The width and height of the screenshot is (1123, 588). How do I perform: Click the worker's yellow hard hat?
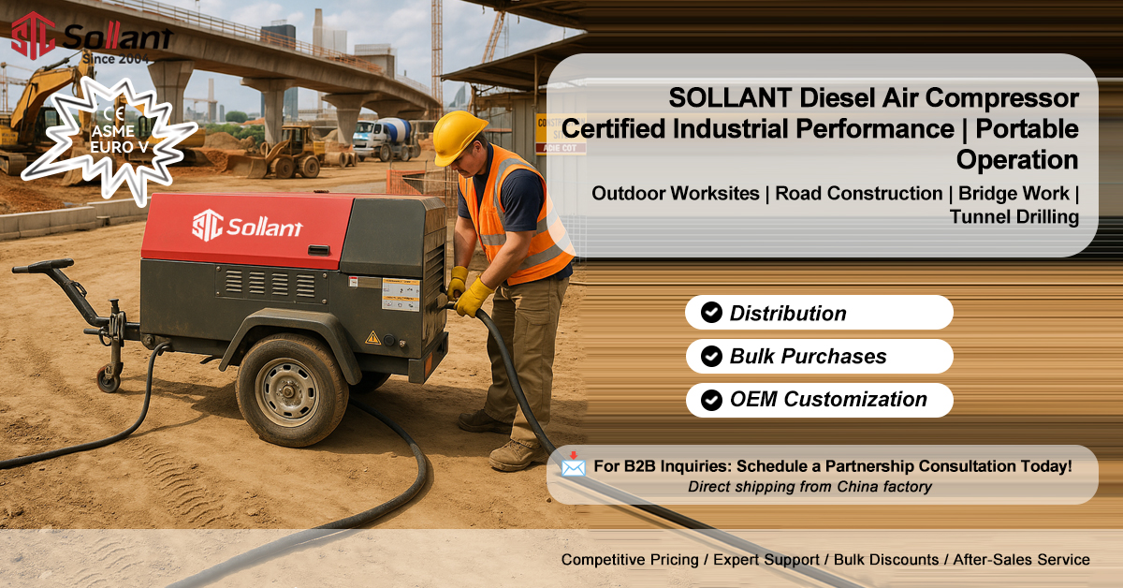tap(459, 137)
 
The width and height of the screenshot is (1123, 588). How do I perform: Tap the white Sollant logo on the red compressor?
tap(247, 227)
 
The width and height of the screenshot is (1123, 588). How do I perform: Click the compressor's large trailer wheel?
tap(292, 390)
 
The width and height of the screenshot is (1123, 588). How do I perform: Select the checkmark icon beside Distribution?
tap(711, 312)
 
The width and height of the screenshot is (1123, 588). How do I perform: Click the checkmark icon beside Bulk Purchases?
tap(711, 356)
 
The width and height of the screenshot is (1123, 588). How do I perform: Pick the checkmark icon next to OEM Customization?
tap(711, 400)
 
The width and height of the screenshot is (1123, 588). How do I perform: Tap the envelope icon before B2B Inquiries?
tap(573, 464)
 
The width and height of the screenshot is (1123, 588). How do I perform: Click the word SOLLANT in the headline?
tap(730, 97)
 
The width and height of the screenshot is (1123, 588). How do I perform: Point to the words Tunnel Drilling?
tap(1014, 216)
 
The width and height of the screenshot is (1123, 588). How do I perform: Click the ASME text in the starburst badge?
tap(113, 131)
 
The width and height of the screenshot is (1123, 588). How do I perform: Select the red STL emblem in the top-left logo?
tap(33, 36)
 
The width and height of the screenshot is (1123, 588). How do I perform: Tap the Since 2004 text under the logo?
tap(116, 59)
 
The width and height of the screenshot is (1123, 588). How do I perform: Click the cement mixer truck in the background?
tap(386, 139)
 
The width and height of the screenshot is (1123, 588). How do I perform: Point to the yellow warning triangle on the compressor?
tap(372, 338)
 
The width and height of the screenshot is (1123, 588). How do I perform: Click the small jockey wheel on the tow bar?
tap(109, 378)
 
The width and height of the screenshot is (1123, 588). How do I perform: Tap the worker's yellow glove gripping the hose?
tap(472, 298)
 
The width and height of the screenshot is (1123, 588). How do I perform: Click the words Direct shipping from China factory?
tap(809, 487)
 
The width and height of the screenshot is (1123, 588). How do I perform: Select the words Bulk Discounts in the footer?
tap(886, 559)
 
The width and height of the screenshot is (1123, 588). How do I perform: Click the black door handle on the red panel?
tap(318, 250)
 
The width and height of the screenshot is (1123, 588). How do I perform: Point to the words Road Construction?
tap(859, 193)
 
